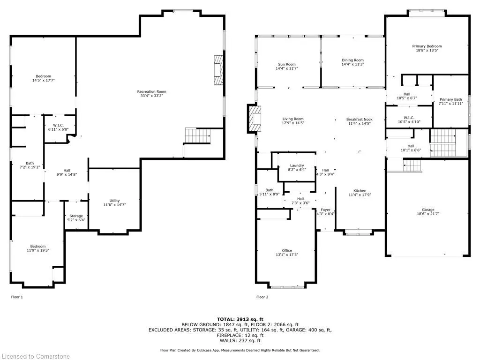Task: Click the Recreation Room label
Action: coord(151,91)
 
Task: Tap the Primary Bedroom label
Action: coord(427,46)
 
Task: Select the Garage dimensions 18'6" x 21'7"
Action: coord(428,214)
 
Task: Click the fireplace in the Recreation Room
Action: coord(219,70)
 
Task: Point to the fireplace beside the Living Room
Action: coord(255,119)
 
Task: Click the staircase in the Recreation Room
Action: coord(198,135)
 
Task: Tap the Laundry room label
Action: coord(297,165)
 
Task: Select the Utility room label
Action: coord(114,201)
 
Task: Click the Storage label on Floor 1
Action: coord(76,216)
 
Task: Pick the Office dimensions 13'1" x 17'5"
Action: coord(287,255)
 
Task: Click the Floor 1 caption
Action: coord(17,297)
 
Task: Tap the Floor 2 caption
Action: coord(262,297)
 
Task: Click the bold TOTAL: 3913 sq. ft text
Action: coord(240,319)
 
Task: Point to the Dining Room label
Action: coord(352,60)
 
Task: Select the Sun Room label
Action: coord(287,64)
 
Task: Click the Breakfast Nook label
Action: coord(360,120)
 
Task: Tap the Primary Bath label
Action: coord(451,99)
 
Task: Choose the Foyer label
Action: coord(325,210)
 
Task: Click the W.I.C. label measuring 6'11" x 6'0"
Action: coord(58,125)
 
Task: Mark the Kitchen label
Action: coord(360,190)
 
